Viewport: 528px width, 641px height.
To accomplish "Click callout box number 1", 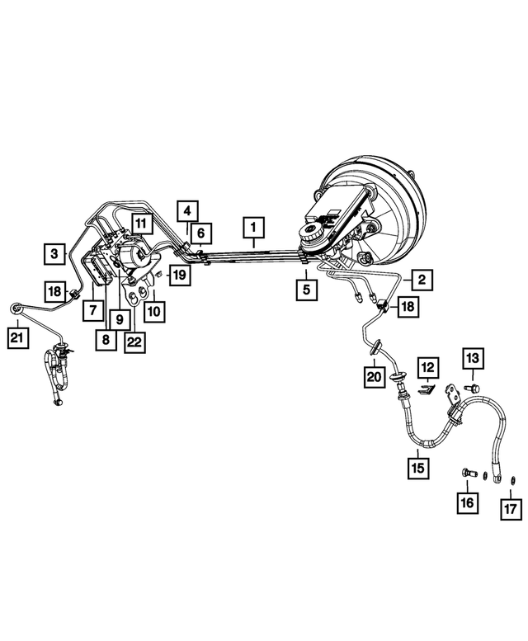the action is (254, 228).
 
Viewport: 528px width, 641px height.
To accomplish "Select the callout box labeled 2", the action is (422, 280).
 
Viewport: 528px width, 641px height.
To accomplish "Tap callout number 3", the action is (54, 254).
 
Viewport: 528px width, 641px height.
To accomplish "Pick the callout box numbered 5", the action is (307, 290).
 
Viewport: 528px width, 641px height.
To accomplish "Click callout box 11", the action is (141, 224).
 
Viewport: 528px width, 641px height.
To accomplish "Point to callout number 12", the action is (428, 367).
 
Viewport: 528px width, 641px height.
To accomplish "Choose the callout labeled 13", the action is (473, 359).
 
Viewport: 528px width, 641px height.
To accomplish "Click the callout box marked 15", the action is (418, 468).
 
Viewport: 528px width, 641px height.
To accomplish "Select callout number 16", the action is (467, 503).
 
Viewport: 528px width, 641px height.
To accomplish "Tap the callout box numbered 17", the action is (511, 509).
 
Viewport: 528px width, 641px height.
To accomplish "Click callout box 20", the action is (375, 377).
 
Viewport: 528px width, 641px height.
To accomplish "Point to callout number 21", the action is (18, 337).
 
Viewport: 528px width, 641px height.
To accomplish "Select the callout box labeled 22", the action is (134, 342).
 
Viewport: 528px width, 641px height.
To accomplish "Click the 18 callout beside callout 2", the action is (408, 306).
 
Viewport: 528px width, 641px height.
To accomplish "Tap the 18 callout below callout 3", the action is (54, 291).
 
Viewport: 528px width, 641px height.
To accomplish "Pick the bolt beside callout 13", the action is (472, 388).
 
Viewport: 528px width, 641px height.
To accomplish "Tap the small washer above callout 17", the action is (513, 479).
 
